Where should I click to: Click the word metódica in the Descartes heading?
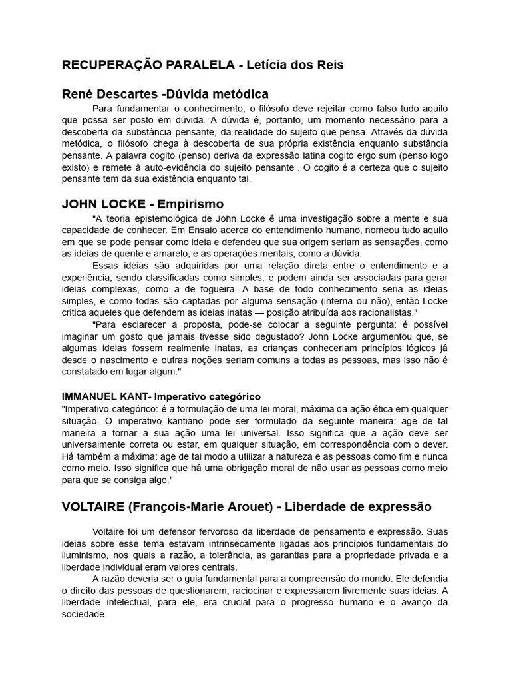(x=240, y=94)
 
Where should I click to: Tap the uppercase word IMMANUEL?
(x=89, y=396)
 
